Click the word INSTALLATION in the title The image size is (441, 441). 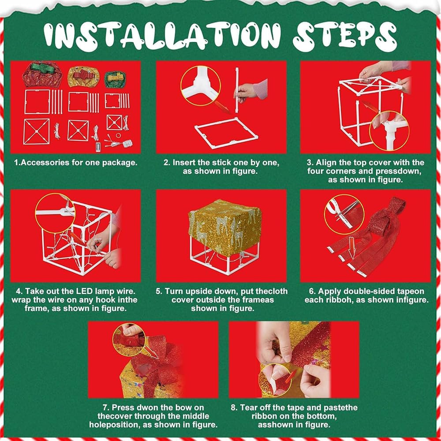(163, 36)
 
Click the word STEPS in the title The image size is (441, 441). (344, 36)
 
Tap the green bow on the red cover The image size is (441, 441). (42, 68)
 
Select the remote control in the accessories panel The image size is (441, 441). (98, 147)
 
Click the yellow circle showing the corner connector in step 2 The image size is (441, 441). (200, 86)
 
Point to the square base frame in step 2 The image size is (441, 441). (226, 133)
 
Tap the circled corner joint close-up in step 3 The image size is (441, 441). (389, 131)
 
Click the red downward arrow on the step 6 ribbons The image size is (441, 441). (351, 248)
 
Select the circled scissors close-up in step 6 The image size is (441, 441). (344, 214)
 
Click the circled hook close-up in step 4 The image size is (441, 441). (55, 213)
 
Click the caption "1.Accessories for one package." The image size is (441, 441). (76, 163)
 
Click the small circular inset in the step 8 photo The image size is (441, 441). (275, 380)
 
